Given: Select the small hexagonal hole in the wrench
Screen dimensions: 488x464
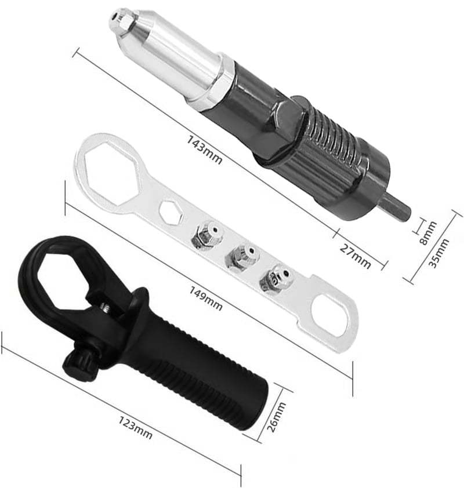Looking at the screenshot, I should [169, 212].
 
